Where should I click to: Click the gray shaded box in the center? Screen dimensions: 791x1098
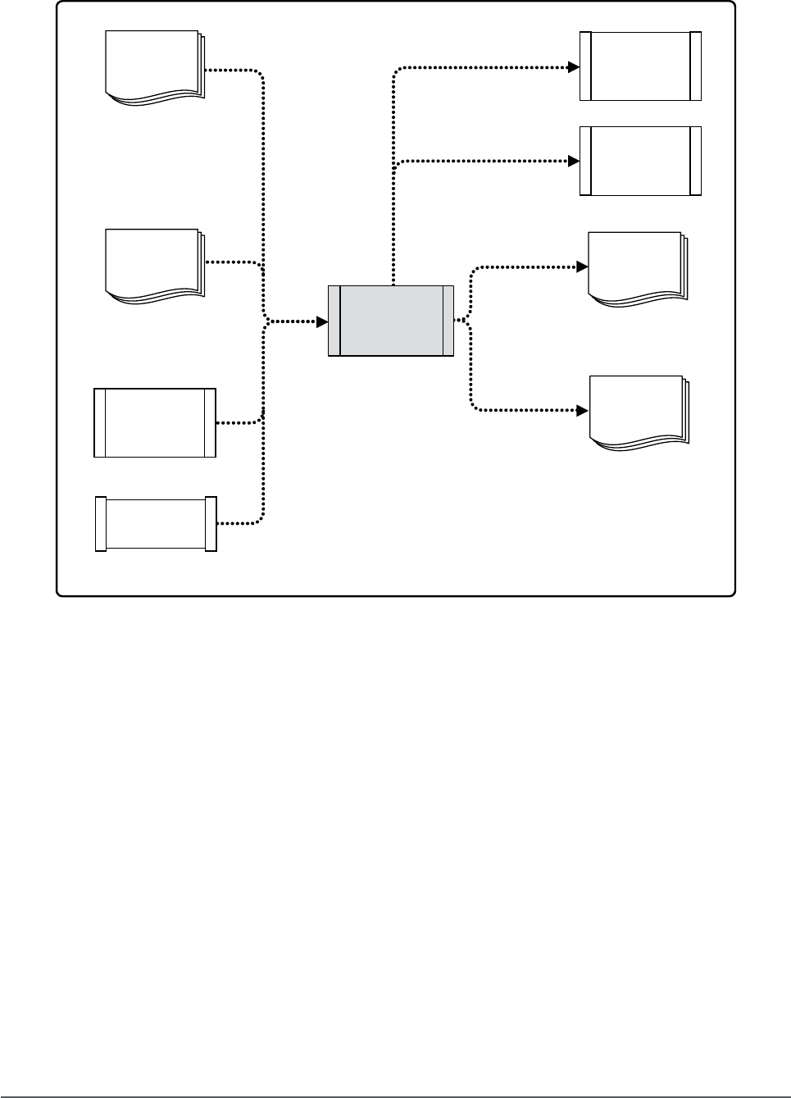(391, 321)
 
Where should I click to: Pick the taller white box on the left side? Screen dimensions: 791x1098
(155, 422)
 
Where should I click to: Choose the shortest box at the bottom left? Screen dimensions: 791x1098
(156, 523)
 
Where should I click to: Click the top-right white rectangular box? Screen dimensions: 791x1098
(640, 66)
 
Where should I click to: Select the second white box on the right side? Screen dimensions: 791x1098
(640, 161)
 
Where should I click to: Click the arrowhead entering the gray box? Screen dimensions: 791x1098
(322, 321)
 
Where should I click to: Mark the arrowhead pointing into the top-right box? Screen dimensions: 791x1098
(574, 67)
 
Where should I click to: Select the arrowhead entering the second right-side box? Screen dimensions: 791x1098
(574, 162)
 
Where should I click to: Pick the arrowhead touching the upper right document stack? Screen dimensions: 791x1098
(583, 267)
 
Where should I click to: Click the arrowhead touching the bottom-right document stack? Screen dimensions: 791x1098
(583, 410)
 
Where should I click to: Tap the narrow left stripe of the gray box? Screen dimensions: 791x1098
(334, 321)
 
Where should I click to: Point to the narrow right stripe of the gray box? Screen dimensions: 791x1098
(448, 321)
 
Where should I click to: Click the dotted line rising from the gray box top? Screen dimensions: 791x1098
(393, 221)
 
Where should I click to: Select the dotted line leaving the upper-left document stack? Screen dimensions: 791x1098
(234, 71)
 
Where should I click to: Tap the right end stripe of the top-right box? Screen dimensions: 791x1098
(696, 66)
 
